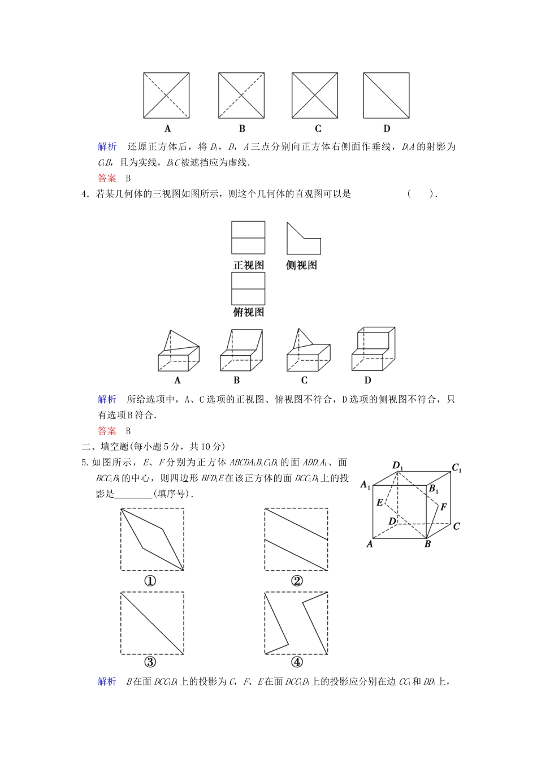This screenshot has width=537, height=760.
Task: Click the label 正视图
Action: pyautogui.click(x=248, y=265)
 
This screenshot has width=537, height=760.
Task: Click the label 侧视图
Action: pyautogui.click(x=301, y=265)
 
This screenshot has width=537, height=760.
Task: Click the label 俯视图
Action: pyautogui.click(x=248, y=312)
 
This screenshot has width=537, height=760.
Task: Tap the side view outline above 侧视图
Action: pyautogui.click(x=303, y=239)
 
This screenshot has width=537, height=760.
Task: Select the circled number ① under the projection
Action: pyautogui.click(x=150, y=581)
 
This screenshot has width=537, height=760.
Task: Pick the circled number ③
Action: pyautogui.click(x=150, y=663)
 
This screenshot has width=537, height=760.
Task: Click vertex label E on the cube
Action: pyautogui.click(x=380, y=502)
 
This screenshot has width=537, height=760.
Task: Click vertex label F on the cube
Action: pyautogui.click(x=444, y=507)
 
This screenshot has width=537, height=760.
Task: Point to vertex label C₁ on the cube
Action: pyautogui.click(x=457, y=468)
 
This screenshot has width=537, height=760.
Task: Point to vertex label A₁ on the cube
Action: pyautogui.click(x=365, y=484)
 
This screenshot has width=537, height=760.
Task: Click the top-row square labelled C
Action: pyautogui.click(x=315, y=95)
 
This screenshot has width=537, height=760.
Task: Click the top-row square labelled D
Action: pyautogui.click(x=386, y=95)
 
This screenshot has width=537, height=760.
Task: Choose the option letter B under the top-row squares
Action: pyautogui.click(x=242, y=128)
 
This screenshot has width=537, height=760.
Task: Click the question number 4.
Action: pyautogui.click(x=85, y=194)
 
